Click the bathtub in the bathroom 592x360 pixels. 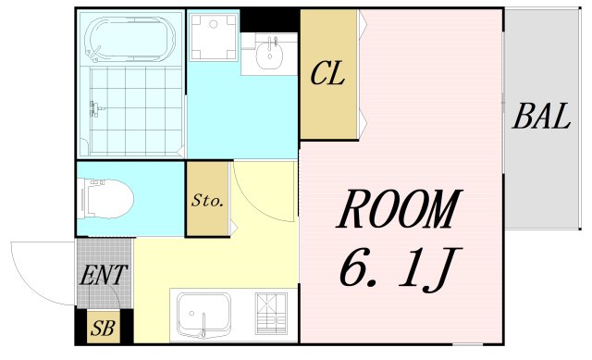tap(129, 41)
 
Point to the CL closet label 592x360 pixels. tap(327, 74)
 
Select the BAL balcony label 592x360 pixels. tap(541, 118)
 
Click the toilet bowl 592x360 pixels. tap(109, 197)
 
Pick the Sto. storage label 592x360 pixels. tap(208, 200)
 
